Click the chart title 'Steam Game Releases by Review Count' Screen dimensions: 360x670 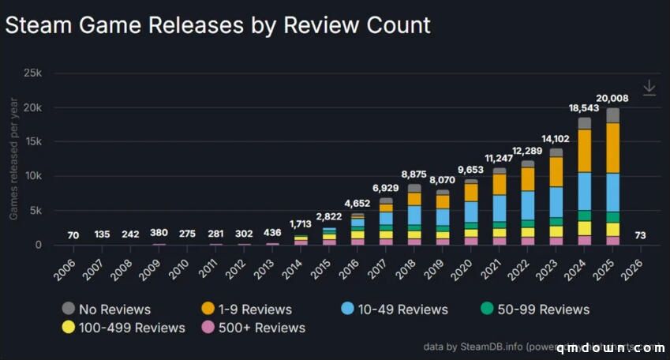pos(218,24)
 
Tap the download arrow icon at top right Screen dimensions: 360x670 pos(649,88)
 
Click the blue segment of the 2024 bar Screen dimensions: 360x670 pos(584,190)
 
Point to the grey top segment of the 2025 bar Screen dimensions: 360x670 pos(612,115)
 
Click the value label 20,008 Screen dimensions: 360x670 pos(612,98)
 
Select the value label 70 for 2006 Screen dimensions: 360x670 pos(73,234)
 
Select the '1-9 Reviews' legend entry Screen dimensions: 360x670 pos(247,309)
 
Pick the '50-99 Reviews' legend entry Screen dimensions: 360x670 pos(534,309)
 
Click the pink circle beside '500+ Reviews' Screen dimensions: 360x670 pos(208,327)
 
